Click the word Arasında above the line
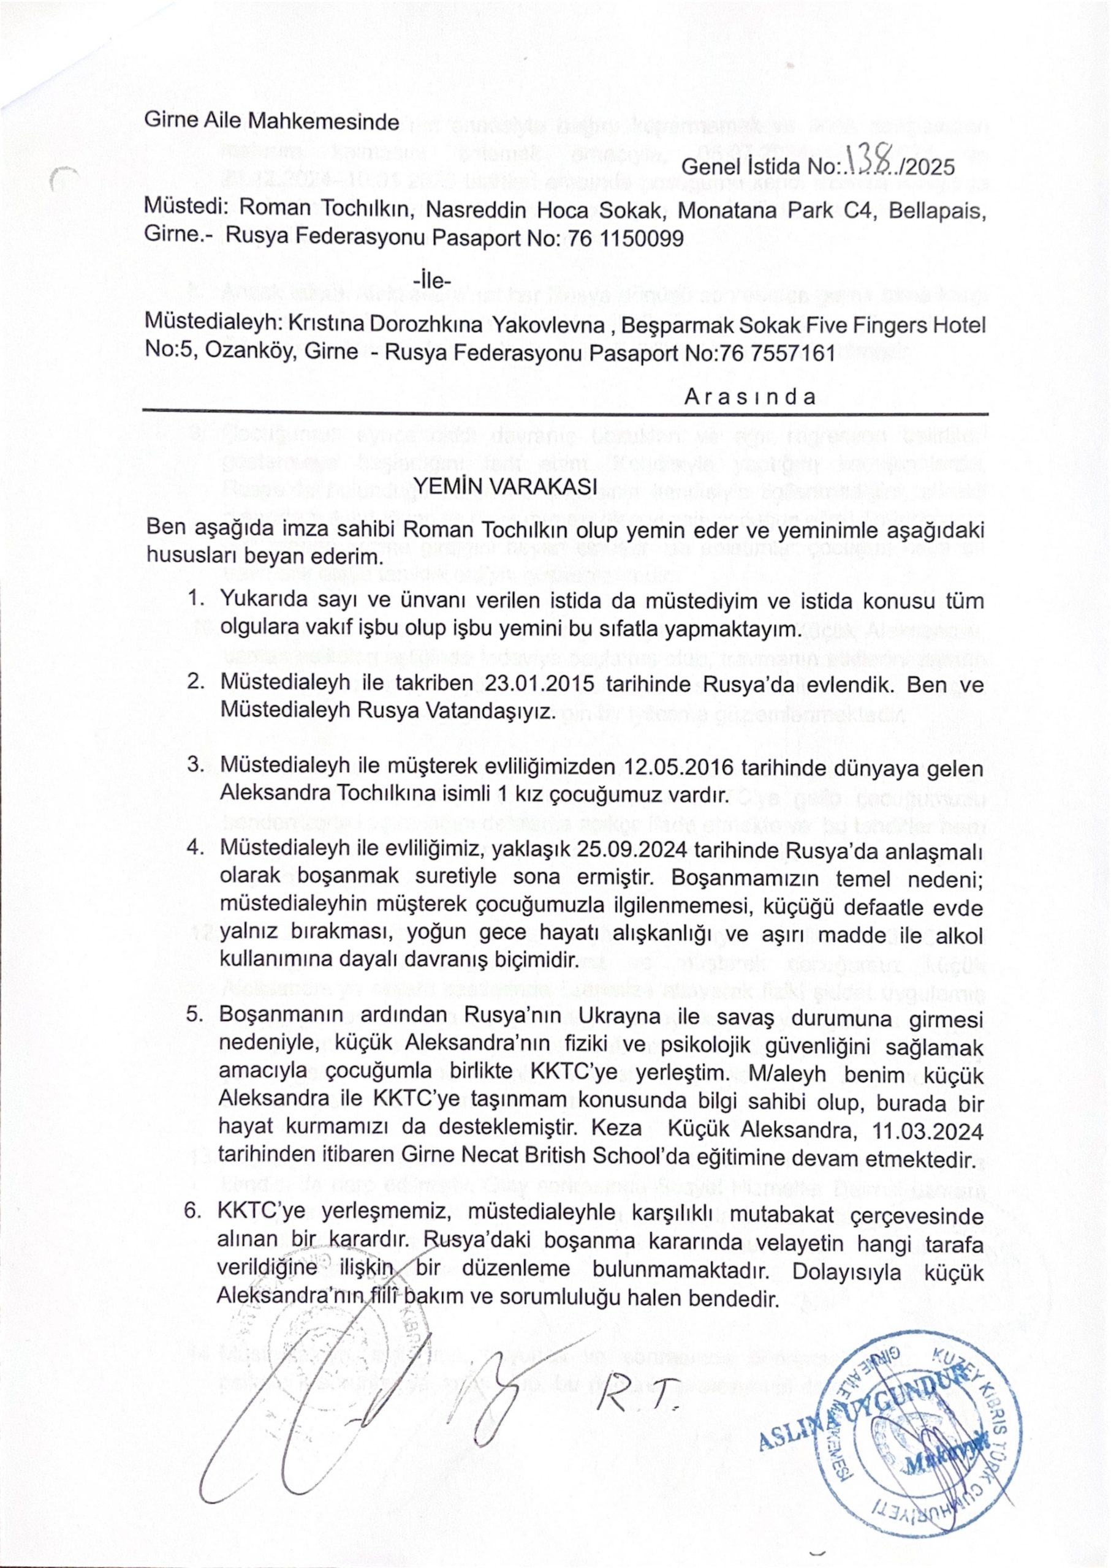(x=750, y=398)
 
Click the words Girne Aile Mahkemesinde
(x=271, y=122)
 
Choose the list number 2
(x=195, y=683)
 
